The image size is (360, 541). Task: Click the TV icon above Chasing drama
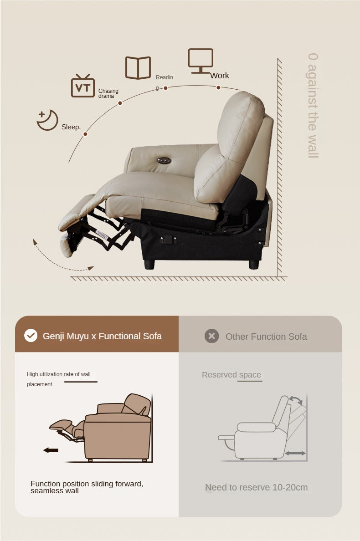click(82, 86)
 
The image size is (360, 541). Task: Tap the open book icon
click(138, 68)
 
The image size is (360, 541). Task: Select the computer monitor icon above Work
click(201, 61)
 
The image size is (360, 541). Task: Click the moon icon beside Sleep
click(47, 120)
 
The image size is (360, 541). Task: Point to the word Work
click(220, 76)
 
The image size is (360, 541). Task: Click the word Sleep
click(71, 127)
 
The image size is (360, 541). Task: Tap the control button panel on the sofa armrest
click(164, 159)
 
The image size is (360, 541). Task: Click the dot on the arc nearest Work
click(219, 87)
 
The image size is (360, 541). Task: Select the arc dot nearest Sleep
click(85, 134)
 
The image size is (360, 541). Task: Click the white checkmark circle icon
click(31, 336)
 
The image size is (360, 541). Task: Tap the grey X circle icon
click(211, 336)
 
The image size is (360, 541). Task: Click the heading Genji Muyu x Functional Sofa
click(102, 336)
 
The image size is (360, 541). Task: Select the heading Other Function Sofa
click(266, 337)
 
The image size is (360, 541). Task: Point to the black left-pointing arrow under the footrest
click(51, 450)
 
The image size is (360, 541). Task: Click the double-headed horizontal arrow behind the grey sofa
click(295, 453)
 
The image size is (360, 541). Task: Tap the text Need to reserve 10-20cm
click(256, 487)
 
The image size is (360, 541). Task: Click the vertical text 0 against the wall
click(313, 105)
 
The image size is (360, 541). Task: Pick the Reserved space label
click(231, 375)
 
